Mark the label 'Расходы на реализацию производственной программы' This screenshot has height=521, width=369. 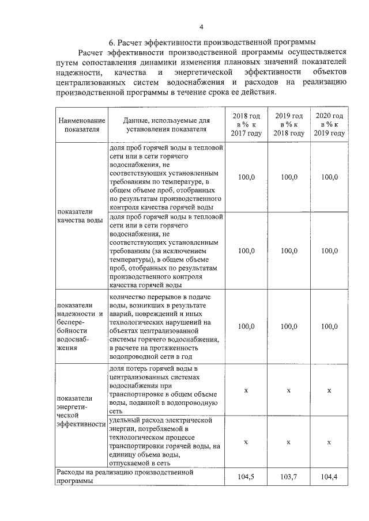pyautogui.click(x=124, y=476)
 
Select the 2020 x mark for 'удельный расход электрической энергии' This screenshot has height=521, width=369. pyautogui.click(x=329, y=442)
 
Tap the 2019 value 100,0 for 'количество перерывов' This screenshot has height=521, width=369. pyautogui.click(x=289, y=326)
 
